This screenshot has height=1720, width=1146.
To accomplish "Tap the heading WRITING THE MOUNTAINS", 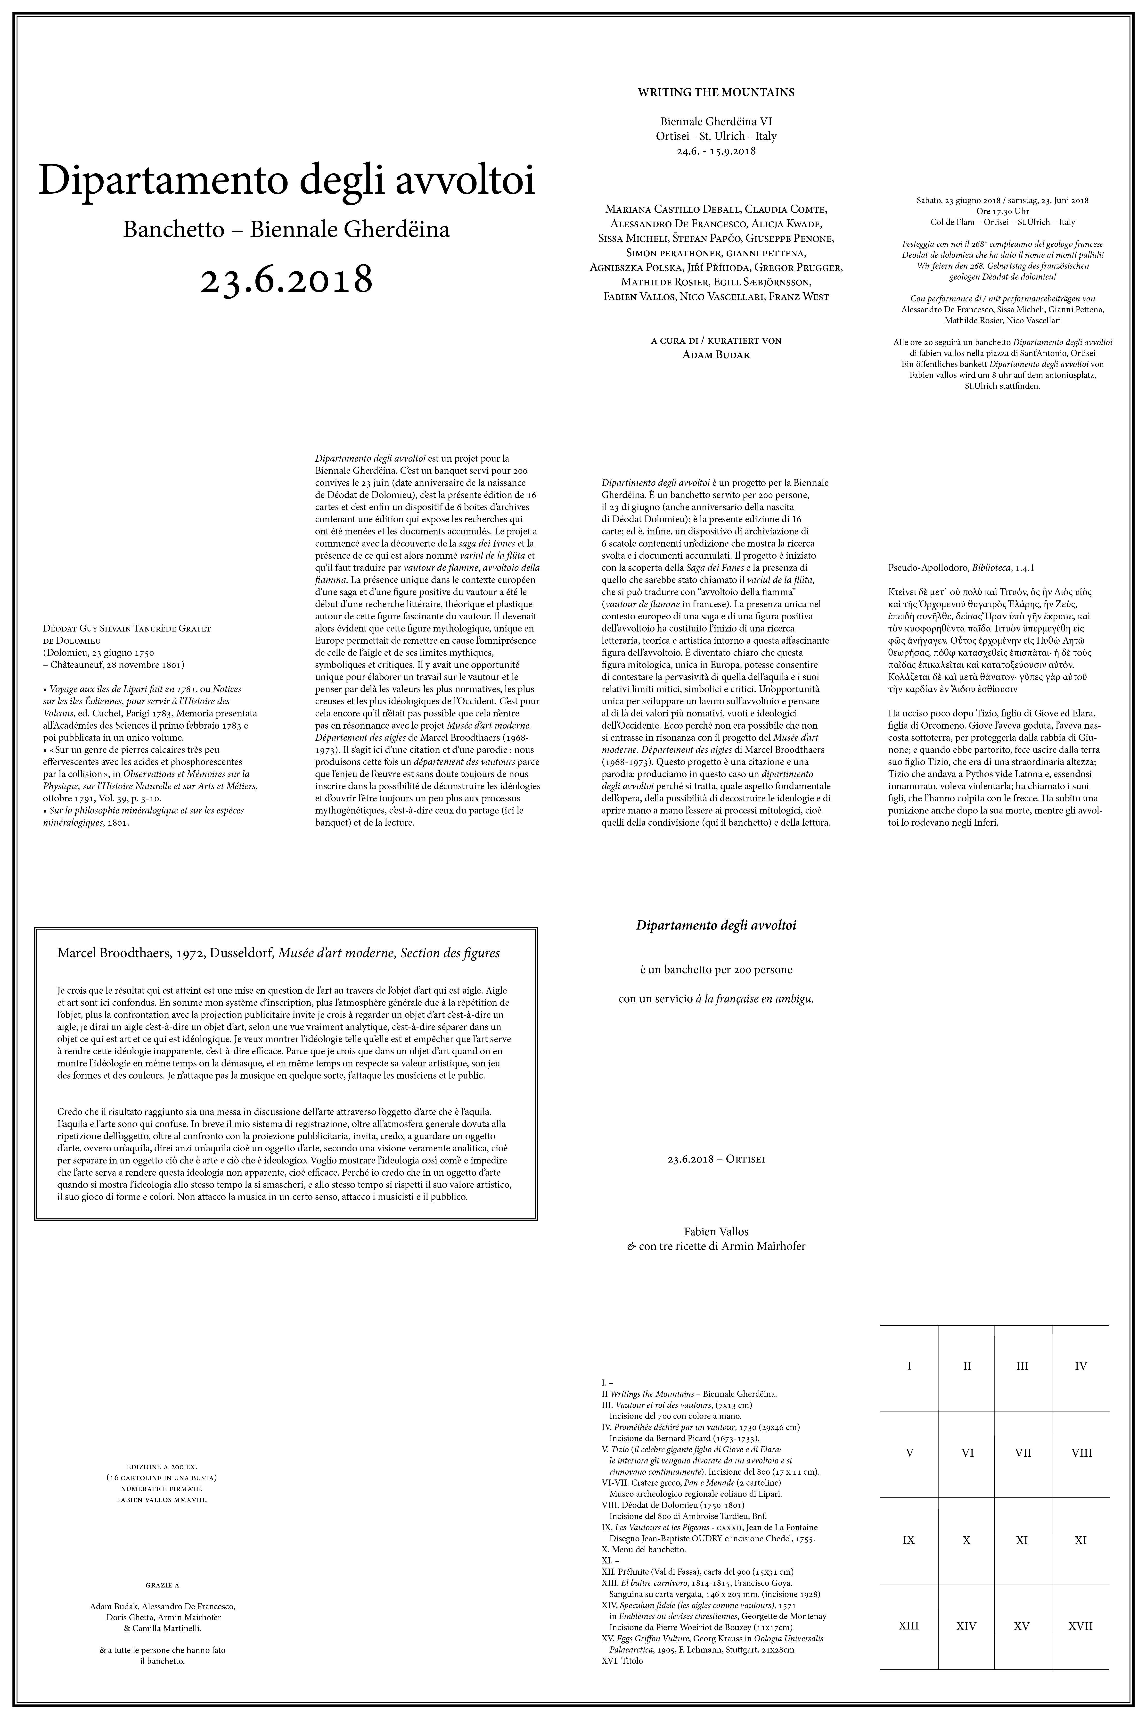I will pyautogui.click(x=715, y=93).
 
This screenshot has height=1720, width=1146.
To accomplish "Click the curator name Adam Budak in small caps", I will pyautogui.click(x=715, y=355).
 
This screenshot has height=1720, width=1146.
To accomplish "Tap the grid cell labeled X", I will pyautogui.click(x=966, y=1540).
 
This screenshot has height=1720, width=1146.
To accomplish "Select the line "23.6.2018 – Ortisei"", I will pyautogui.click(x=715, y=1159).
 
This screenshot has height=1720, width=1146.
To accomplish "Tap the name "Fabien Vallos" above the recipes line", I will pyautogui.click(x=715, y=1232).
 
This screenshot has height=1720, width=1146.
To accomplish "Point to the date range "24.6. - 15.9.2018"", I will pyautogui.click(x=715, y=152).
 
